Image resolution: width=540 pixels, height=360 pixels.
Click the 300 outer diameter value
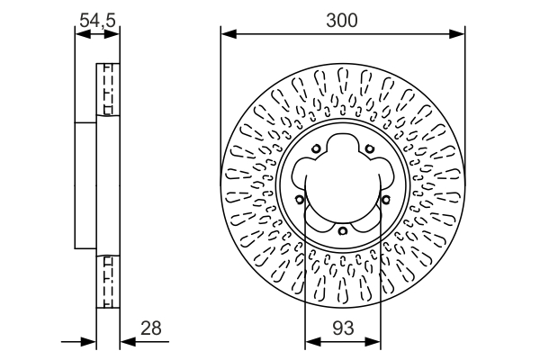click(x=343, y=19)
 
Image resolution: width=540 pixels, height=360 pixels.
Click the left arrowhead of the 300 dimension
click(x=226, y=35)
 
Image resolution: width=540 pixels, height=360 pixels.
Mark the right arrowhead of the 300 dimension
click(x=460, y=35)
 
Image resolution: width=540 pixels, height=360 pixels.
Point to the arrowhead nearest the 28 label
click(x=125, y=341)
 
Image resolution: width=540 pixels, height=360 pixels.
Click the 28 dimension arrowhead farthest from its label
click(x=90, y=341)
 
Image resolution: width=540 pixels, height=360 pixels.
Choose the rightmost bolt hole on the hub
click(x=384, y=200)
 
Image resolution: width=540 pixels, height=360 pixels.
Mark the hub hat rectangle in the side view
click(x=85, y=184)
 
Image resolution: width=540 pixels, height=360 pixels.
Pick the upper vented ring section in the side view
click(x=107, y=90)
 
